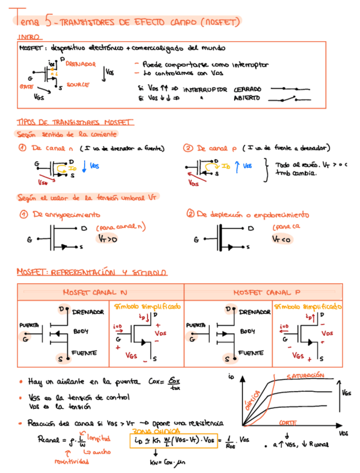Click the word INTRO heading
click(x=26, y=37)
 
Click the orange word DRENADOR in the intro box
click(x=80, y=65)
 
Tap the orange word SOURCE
click(x=77, y=85)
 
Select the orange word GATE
click(x=26, y=87)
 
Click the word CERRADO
click(x=247, y=89)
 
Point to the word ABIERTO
click(x=246, y=98)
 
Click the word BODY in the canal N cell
click(x=81, y=331)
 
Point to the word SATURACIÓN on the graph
click(x=306, y=376)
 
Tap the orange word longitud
click(x=99, y=438)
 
